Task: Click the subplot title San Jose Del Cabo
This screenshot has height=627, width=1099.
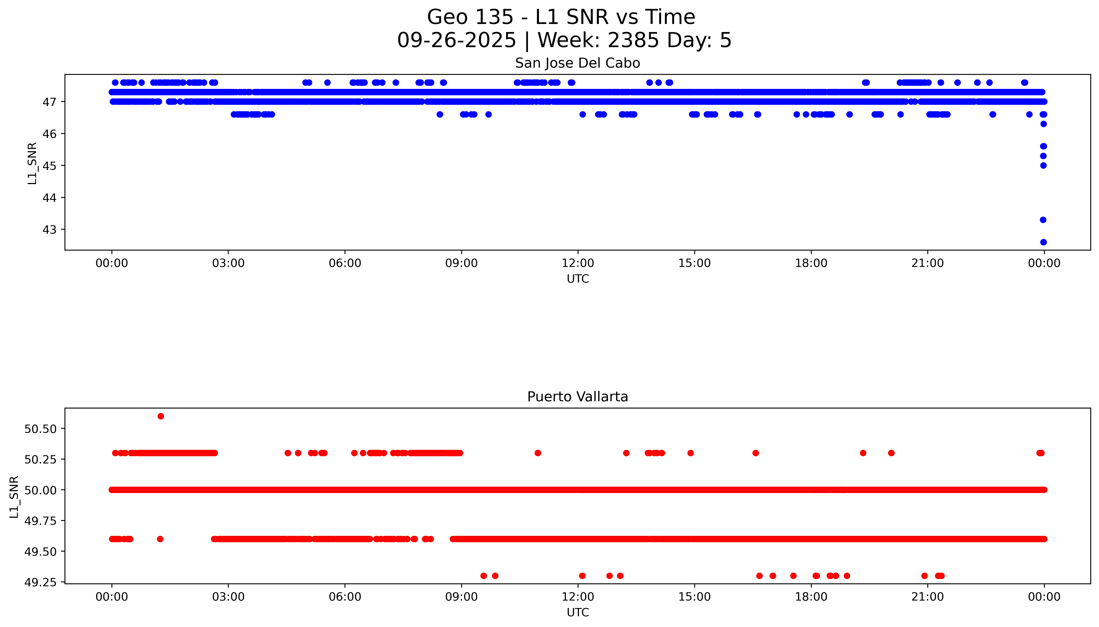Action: (577, 63)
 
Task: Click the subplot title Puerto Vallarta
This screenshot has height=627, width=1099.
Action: (577, 397)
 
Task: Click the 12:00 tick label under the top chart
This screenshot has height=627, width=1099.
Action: (578, 263)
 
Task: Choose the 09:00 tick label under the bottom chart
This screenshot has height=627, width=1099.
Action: (461, 597)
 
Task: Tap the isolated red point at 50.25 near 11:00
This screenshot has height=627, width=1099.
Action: (538, 453)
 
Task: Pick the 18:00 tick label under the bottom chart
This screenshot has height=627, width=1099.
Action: (811, 597)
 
